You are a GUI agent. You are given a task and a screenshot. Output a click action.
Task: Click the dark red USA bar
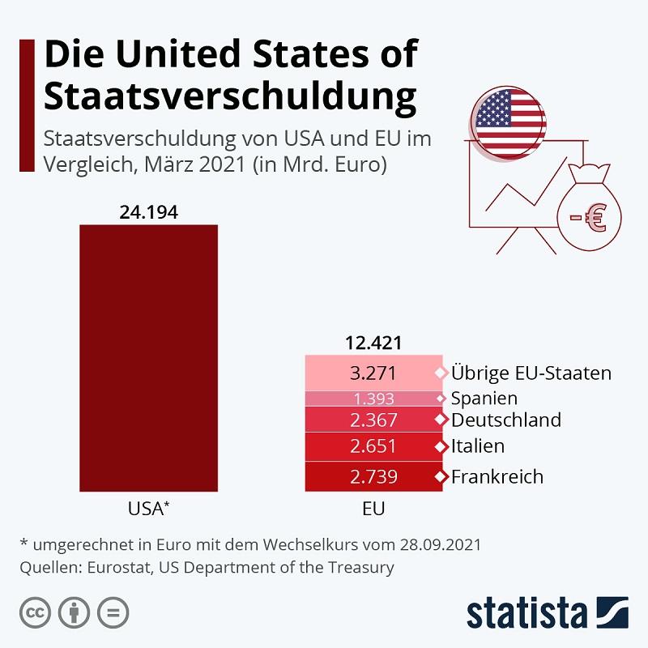(148, 356)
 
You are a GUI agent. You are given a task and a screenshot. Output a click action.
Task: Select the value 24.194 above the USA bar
(148, 212)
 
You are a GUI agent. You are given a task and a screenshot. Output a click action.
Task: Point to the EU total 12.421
(373, 343)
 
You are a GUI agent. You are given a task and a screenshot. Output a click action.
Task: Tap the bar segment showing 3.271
(373, 373)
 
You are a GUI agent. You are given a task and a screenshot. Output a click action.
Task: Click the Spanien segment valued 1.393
(373, 399)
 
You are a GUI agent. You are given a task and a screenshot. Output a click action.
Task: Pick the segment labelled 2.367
(373, 420)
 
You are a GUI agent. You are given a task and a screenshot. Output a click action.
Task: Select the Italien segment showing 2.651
(373, 446)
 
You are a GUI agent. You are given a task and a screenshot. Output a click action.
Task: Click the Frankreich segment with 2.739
(373, 476)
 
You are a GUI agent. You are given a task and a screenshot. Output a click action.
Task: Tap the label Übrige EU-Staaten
(531, 373)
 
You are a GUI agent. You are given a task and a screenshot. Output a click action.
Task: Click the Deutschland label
(505, 420)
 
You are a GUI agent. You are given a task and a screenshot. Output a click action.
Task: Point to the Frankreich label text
(497, 476)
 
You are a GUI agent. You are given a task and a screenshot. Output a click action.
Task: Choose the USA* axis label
(148, 509)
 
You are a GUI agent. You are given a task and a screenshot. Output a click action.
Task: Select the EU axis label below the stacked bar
(373, 509)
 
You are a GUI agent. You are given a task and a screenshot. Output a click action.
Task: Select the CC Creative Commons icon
(35, 612)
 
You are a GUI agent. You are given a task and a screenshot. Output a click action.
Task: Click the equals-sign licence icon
(113, 612)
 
